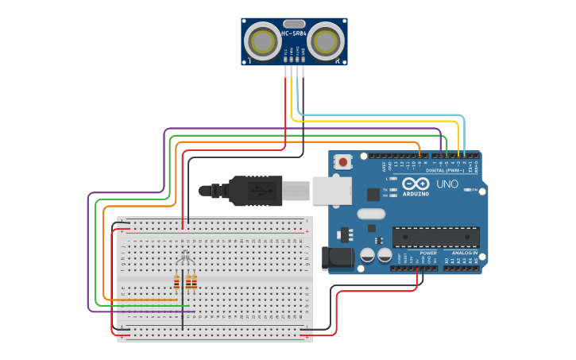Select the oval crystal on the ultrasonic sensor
[x=294, y=24]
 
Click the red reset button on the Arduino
[x=342, y=162]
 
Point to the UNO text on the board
[x=448, y=184]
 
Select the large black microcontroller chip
[x=435, y=237]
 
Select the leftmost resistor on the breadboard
[x=176, y=282]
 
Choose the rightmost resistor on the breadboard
[x=194, y=282]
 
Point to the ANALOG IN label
[x=465, y=253]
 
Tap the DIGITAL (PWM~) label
[x=445, y=170]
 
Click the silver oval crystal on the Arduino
[x=370, y=213]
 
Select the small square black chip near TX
[x=373, y=194]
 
